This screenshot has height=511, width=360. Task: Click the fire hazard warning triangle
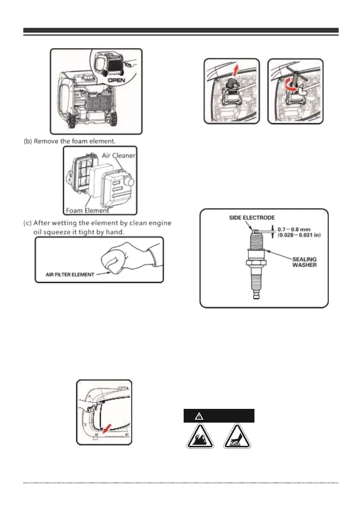[200, 436]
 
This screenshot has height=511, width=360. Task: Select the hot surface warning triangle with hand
[237, 436]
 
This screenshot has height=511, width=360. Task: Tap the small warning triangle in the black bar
[198, 416]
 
